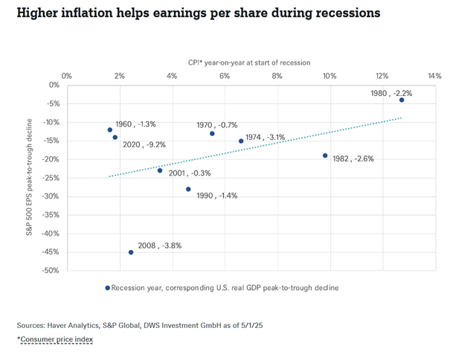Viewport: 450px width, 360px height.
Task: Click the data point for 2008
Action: coord(131,252)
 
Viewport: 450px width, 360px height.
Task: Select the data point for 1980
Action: coord(402,100)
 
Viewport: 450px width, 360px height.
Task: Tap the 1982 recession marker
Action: coord(325,155)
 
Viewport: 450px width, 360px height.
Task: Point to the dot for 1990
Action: coord(188,189)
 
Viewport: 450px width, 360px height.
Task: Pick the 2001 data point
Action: coord(159,170)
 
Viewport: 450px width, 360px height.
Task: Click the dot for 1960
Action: coord(110,129)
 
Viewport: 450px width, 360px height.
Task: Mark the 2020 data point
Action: coord(115,137)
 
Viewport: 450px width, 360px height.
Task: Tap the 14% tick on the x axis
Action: coord(434,76)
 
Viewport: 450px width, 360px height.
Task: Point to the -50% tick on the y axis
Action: coord(51,271)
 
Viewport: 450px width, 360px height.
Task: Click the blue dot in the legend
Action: coord(107,287)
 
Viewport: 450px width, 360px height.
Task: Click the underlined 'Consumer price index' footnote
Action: coord(57,339)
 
